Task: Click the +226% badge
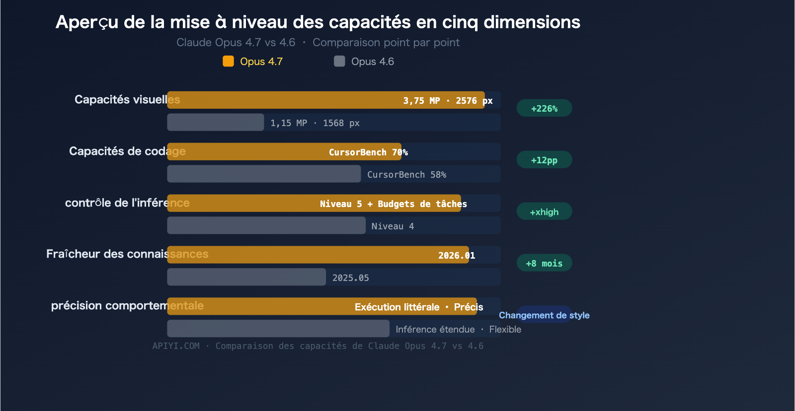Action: click(x=544, y=108)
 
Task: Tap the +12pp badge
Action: click(x=544, y=160)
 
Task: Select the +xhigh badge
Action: click(x=544, y=211)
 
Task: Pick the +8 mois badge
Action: click(x=544, y=263)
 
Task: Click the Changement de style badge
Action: click(x=544, y=315)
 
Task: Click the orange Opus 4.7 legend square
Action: click(x=229, y=61)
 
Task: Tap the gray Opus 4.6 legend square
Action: click(x=339, y=61)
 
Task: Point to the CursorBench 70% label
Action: click(x=368, y=152)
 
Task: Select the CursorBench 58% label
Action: click(x=406, y=175)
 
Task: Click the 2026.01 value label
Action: click(x=456, y=256)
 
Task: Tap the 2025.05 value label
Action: click(x=350, y=278)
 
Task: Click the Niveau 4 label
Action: click(x=393, y=226)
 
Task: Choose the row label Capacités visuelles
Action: click(x=127, y=100)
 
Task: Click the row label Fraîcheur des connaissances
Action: click(x=127, y=254)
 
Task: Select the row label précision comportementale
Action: click(x=127, y=306)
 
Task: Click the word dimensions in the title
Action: click(x=532, y=22)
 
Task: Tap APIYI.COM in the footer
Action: click(x=176, y=346)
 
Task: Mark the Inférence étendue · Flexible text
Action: click(x=458, y=330)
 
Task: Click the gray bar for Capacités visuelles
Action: click(x=215, y=123)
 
